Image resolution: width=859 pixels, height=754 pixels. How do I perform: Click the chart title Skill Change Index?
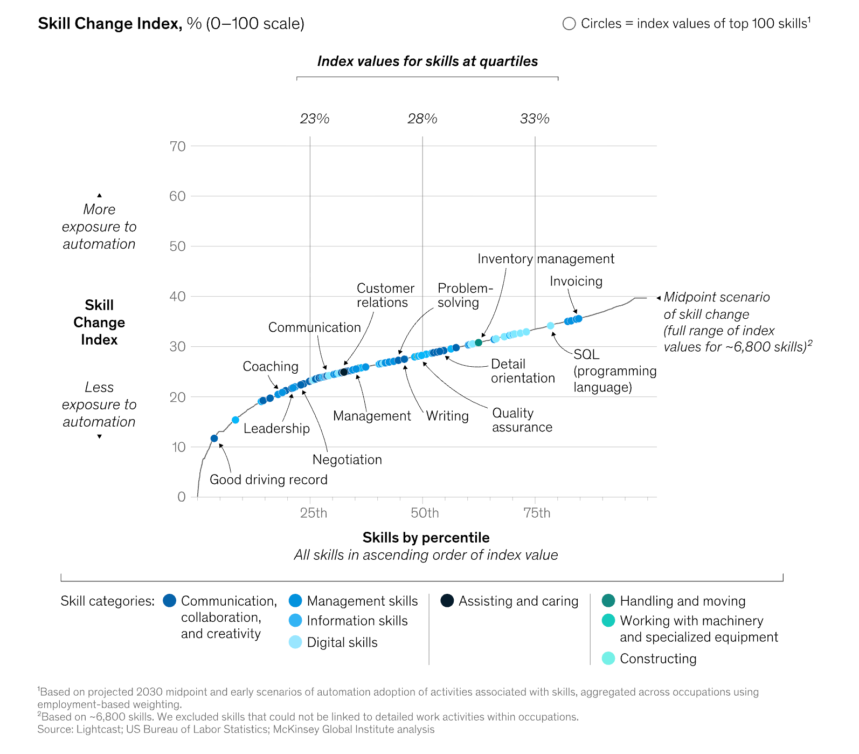point(110,24)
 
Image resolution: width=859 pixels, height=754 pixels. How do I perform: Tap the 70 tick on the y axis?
point(177,146)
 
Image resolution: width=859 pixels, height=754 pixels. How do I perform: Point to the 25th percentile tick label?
point(313,513)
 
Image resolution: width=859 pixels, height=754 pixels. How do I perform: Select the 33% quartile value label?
point(535,119)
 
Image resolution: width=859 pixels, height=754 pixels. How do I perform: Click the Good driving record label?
point(268,479)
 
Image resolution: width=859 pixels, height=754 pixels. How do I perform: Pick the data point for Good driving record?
point(214,438)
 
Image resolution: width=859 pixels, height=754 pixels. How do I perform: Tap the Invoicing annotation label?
point(576,281)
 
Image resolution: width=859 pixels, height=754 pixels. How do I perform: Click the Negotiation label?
point(347,460)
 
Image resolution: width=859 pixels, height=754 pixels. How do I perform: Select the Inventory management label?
point(545,259)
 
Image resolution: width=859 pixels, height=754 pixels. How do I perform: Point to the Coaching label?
point(270,367)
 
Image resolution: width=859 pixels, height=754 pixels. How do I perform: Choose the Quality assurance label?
point(522,420)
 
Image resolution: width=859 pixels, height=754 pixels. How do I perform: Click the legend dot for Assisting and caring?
point(447,601)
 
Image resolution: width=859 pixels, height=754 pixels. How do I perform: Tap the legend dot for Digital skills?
point(295,642)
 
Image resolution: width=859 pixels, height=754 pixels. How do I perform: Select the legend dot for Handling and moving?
point(608,601)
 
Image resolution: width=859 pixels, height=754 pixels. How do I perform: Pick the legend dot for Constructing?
point(608,658)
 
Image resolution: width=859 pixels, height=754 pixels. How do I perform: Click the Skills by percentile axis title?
point(426,538)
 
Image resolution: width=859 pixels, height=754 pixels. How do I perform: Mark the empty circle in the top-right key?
point(569,24)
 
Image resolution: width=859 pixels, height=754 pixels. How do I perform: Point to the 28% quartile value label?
point(422,119)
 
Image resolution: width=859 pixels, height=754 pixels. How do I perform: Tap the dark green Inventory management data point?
point(479,342)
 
